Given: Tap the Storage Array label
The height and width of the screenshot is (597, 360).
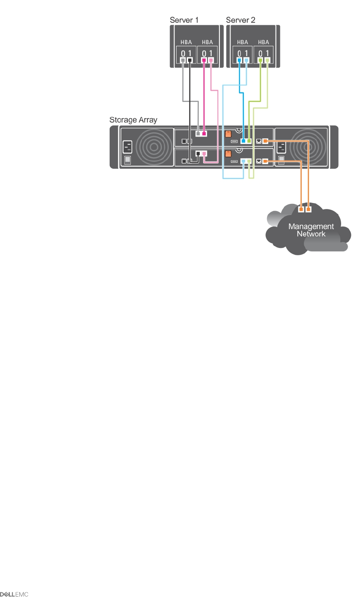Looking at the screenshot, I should [133, 120].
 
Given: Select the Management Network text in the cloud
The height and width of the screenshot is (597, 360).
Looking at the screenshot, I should [311, 230].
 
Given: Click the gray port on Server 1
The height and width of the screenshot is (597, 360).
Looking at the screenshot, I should [183, 60].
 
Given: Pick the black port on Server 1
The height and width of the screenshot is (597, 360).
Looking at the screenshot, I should [190, 60].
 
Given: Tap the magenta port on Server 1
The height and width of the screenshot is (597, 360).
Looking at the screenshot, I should [204, 60].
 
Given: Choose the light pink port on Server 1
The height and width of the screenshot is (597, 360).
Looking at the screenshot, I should [210, 60].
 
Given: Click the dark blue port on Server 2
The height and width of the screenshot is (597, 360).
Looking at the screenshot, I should [240, 60].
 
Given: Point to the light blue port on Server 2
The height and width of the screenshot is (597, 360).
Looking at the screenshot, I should [246, 60].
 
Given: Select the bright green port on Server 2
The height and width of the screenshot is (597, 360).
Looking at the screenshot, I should [260, 60].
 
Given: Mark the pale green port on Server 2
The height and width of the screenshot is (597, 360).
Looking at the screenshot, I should [267, 60].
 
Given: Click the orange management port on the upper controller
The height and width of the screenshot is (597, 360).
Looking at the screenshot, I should [265, 140].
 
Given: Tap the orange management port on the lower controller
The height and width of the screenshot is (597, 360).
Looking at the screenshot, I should [265, 161].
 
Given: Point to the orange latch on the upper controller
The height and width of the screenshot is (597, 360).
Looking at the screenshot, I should [228, 134].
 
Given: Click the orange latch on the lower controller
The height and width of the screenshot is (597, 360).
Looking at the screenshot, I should [228, 154].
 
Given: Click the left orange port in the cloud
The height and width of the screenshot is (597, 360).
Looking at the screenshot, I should [301, 209].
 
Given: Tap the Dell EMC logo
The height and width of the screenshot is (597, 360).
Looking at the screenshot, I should [14, 594].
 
